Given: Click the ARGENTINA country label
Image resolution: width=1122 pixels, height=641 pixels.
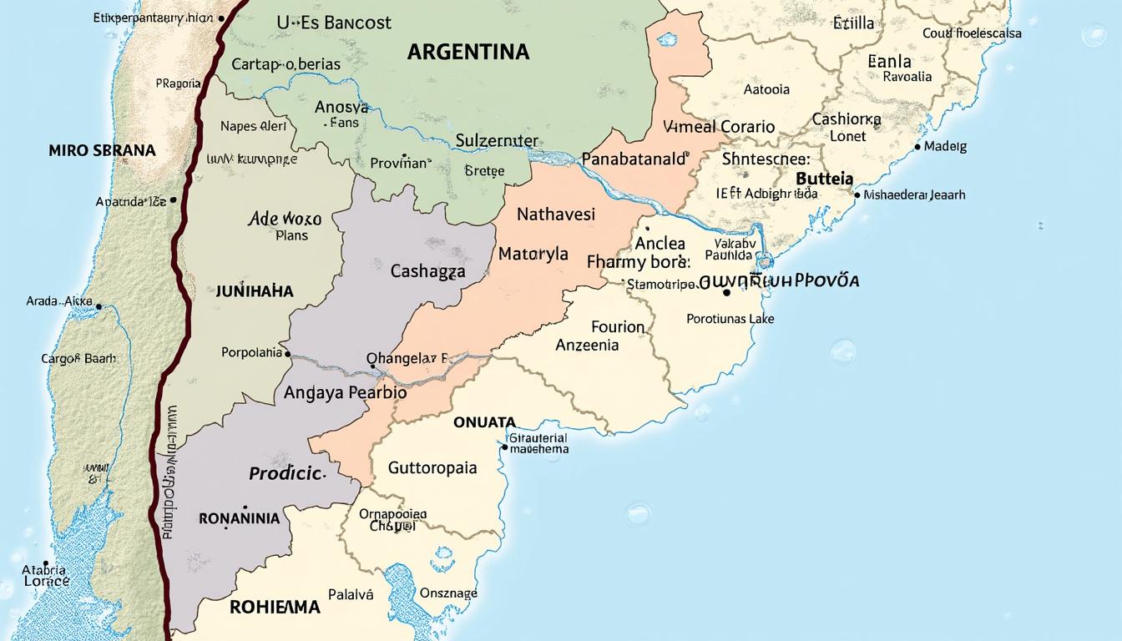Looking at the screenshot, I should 468,52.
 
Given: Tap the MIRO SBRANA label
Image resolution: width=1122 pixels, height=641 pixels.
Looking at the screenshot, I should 102,151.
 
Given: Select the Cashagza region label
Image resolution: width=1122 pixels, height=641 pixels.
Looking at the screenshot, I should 427,271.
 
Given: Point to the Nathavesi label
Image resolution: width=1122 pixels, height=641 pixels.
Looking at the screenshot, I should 556,215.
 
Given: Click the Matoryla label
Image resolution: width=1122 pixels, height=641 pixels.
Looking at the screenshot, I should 533,254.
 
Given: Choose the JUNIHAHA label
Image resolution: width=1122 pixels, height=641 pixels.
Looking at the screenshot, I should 255,291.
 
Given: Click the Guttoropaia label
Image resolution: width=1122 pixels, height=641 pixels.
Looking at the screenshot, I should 432,467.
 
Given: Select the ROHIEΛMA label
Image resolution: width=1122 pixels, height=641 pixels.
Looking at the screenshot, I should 275,608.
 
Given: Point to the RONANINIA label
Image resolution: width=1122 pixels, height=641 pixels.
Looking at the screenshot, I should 240,518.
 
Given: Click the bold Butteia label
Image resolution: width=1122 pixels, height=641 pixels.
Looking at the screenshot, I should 825,179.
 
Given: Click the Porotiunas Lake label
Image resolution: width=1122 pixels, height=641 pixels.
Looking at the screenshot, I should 730,319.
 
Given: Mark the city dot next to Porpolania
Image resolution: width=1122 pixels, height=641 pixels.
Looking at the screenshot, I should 287,353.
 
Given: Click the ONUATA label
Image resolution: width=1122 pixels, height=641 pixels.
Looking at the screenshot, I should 484,422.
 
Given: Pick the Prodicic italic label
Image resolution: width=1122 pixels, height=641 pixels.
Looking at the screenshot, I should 286,473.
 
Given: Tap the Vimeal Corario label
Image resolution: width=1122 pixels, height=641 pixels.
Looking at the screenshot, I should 719,128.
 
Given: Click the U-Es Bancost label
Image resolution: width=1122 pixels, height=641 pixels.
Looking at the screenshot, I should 334,23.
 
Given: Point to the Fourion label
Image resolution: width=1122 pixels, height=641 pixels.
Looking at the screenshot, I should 618,326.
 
